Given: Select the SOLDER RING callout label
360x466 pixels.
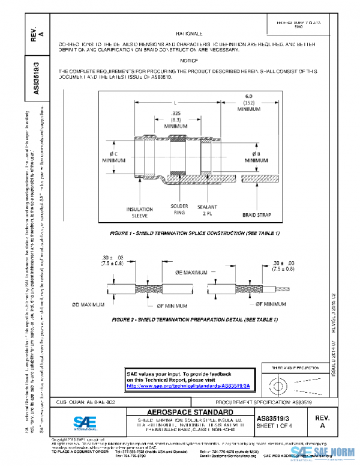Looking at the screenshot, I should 179,209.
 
